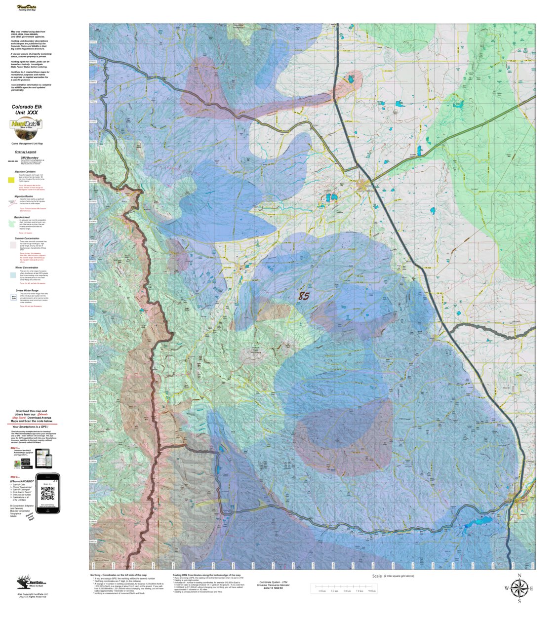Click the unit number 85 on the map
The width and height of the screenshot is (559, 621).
pyautogui.click(x=318, y=296)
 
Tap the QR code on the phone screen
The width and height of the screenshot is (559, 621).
pyautogui.click(x=47, y=493)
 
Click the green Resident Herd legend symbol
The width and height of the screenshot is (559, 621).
pyautogui.click(x=12, y=224)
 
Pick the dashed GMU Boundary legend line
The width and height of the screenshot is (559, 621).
pyautogui.click(x=12, y=161)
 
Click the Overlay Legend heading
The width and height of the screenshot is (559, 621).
pyautogui.click(x=26, y=152)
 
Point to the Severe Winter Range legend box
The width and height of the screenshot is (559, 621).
pyautogui.click(x=13, y=297)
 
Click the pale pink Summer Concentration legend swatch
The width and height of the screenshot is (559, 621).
pyautogui.click(x=11, y=246)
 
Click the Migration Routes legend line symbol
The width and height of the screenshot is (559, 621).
pyautogui.click(x=12, y=202)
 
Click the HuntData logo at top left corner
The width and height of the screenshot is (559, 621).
pyautogui.click(x=29, y=8)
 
